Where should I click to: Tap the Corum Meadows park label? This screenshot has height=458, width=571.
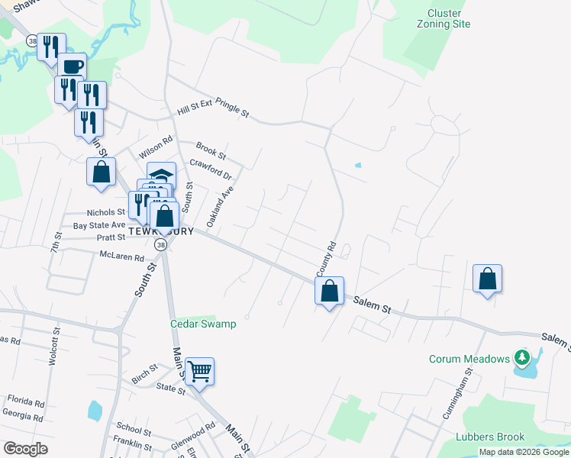pyautogui.click(x=469, y=359)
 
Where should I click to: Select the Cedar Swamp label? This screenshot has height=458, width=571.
pyautogui.click(x=202, y=324)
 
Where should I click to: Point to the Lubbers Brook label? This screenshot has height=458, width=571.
pyautogui.click(x=489, y=437)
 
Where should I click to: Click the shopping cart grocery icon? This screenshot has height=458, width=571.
pyautogui.click(x=199, y=372)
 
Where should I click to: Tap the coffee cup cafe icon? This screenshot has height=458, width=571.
pyautogui.click(x=73, y=66)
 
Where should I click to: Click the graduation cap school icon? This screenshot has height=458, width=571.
pyautogui.click(x=161, y=175)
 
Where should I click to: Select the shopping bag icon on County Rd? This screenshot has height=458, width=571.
pyautogui.click(x=329, y=291)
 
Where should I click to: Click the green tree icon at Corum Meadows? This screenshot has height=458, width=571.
pyautogui.click(x=522, y=357)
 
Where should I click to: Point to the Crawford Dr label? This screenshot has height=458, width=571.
pyautogui.click(x=210, y=167)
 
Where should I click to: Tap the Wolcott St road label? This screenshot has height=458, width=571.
pyautogui.click(x=55, y=347)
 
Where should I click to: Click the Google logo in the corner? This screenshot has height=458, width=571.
pyautogui.click(x=25, y=449)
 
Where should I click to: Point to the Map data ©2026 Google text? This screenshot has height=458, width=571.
pyautogui.click(x=524, y=452)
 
